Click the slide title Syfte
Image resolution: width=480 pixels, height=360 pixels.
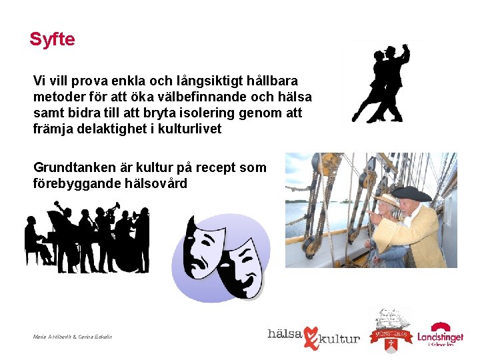click(x=52, y=39)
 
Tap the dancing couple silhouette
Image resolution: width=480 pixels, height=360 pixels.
click(x=383, y=84)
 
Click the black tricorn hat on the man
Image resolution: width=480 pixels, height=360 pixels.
click(x=411, y=193)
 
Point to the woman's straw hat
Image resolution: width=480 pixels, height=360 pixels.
click(x=385, y=199)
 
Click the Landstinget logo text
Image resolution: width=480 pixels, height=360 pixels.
click(x=440, y=337)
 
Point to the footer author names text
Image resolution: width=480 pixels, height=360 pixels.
click(x=72, y=337)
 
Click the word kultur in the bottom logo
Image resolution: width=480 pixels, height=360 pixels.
click(x=340, y=339)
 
